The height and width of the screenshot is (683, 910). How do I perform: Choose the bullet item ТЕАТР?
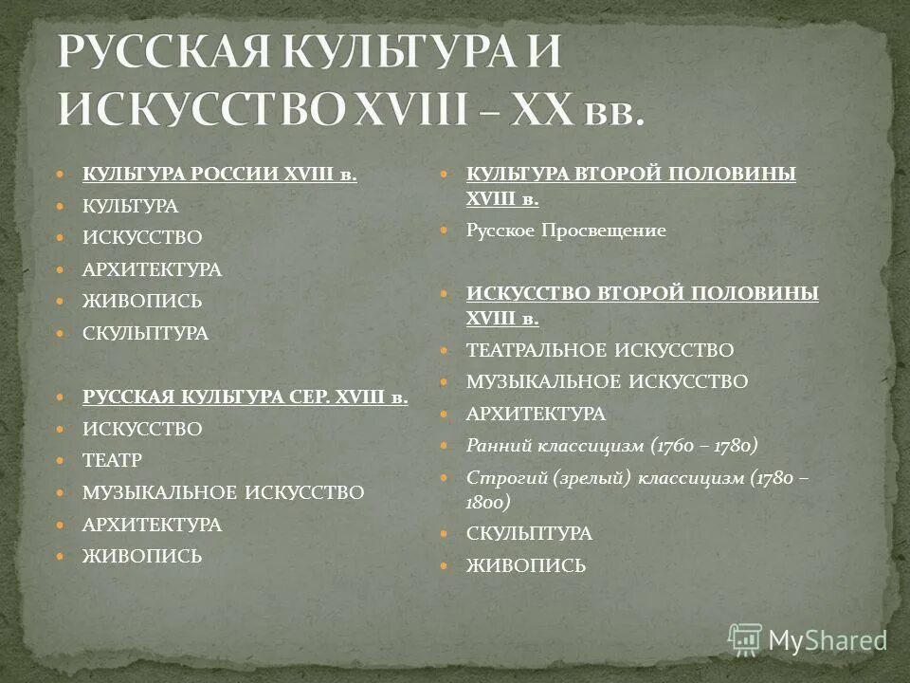click(x=112, y=461)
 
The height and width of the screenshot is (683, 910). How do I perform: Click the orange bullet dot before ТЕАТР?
click(x=62, y=461)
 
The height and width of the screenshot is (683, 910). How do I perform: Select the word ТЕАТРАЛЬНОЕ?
click(x=536, y=350)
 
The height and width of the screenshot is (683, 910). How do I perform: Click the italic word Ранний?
click(x=497, y=444)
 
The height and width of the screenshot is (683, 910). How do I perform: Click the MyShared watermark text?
click(x=827, y=640)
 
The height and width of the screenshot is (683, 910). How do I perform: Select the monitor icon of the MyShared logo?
click(x=745, y=638)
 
